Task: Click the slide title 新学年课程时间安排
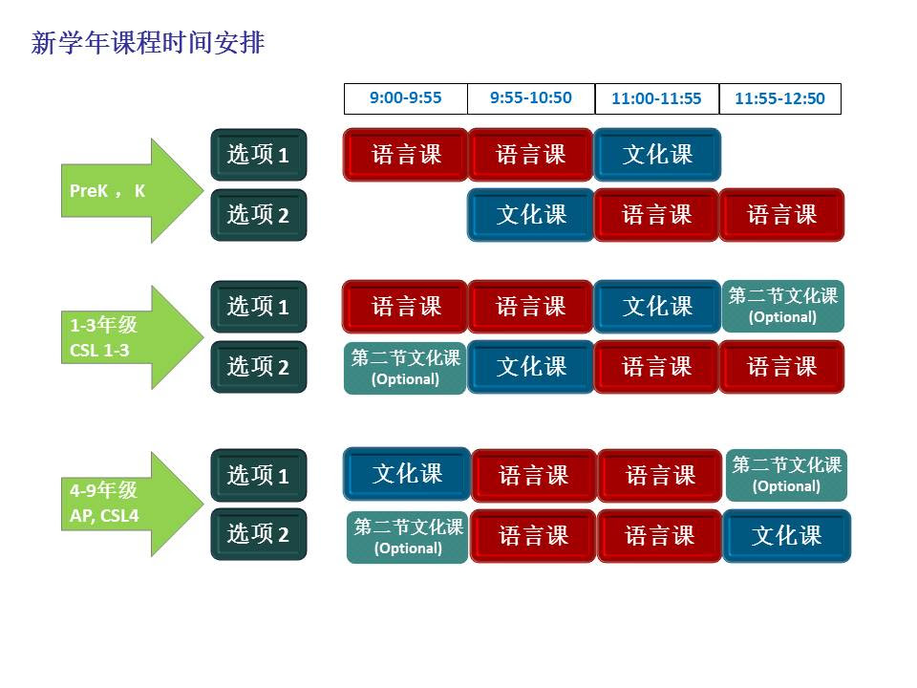coord(148,43)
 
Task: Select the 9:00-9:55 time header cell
coord(406,98)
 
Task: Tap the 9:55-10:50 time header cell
coord(531,98)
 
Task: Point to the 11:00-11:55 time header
coord(657,98)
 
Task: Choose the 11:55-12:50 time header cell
coord(780,98)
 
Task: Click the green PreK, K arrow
coord(132,191)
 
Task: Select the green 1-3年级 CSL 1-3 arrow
coord(132,337)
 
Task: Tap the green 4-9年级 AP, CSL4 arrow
coord(132,504)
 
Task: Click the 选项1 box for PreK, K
coord(259,155)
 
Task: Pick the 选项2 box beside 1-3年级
coord(259,367)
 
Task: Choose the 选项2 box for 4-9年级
coord(259,534)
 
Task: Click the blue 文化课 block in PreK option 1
coord(657,155)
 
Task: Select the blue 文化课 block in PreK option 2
coord(531,215)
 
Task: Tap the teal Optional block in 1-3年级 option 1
coord(783,307)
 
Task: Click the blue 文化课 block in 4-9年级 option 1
coord(407,474)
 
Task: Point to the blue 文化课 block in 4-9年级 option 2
coord(787,536)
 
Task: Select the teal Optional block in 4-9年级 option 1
coord(786,476)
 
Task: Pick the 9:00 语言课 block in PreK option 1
coord(406,155)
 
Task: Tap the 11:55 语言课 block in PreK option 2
coord(782,215)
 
